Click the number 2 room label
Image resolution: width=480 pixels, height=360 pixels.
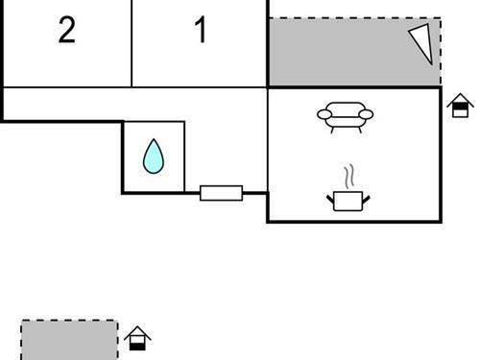[x=66, y=31]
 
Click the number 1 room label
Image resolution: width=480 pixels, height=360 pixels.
[x=200, y=31]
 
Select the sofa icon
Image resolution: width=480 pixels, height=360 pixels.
[x=345, y=115]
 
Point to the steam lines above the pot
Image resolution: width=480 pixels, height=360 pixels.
[x=350, y=176]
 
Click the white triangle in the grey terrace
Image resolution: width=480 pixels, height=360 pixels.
[x=420, y=43]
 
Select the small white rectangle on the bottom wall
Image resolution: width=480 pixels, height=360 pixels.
[x=221, y=193]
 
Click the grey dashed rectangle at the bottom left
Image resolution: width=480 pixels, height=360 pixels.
[x=69, y=340]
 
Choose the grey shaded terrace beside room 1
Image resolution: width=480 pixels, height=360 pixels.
[x=346, y=53]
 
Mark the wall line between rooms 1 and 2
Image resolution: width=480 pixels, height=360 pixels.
[x=131, y=43]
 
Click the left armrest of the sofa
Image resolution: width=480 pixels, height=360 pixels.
[x=324, y=116]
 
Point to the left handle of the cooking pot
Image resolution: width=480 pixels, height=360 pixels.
[x=331, y=198]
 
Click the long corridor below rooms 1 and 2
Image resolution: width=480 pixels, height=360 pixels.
[x=134, y=104]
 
